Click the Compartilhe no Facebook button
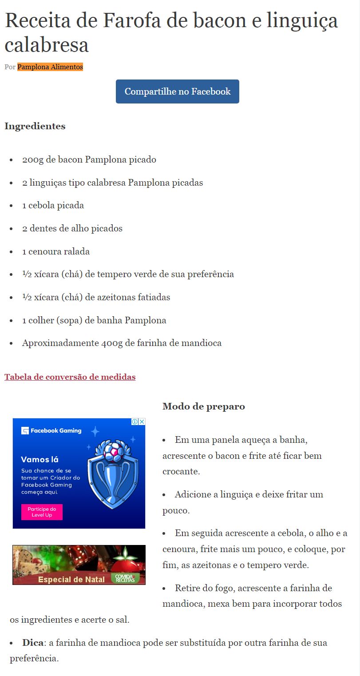click(178, 91)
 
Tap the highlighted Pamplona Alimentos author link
click(50, 67)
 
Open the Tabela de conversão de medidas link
click(70, 377)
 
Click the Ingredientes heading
click(35, 126)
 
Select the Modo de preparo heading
click(203, 406)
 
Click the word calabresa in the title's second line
click(47, 45)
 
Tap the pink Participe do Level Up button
click(42, 512)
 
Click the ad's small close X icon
click(142, 422)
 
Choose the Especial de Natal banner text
click(71, 579)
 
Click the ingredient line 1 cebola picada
click(53, 206)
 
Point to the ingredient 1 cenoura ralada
click(56, 252)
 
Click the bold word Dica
click(33, 643)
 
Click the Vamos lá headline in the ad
click(40, 460)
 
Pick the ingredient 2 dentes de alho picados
click(72, 229)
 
